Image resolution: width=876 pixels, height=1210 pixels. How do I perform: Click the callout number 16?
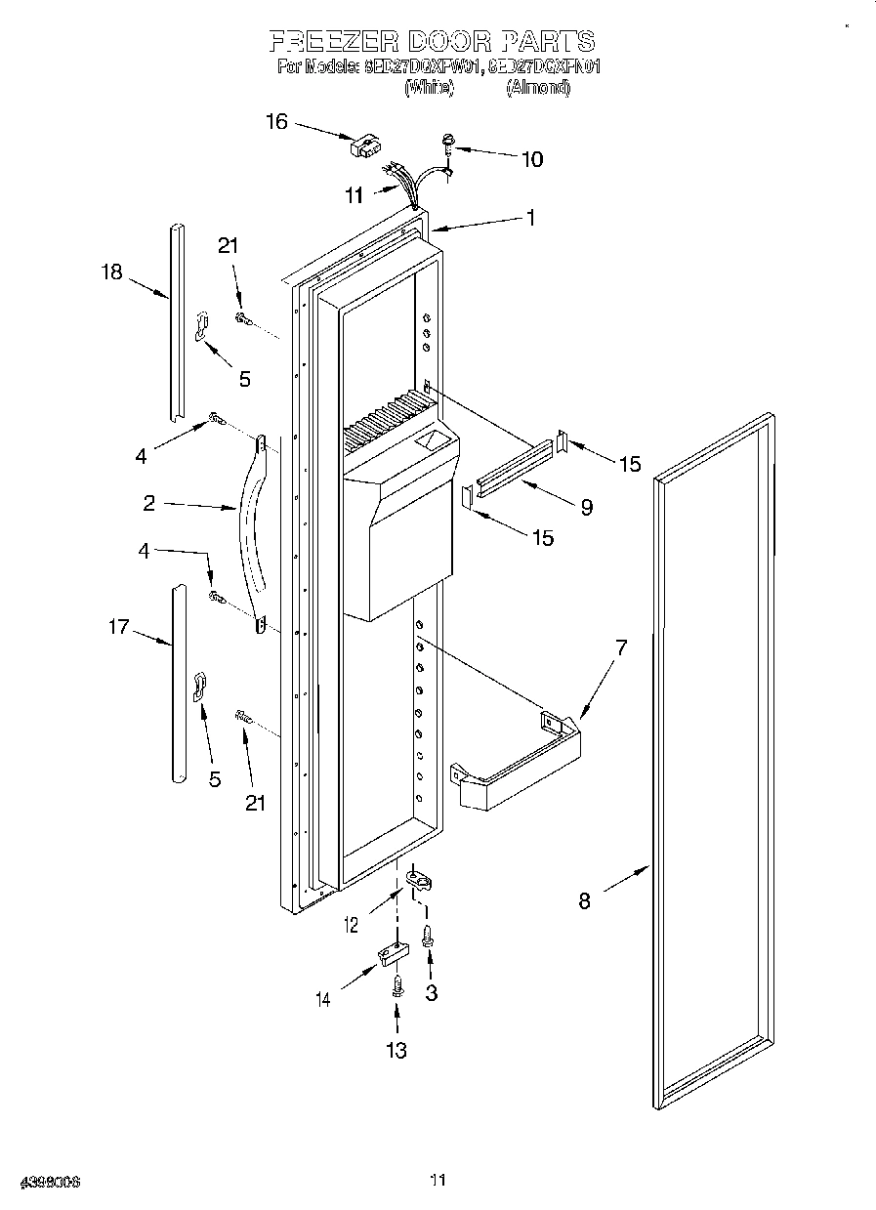(276, 122)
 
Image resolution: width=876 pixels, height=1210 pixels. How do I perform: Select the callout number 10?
(531, 159)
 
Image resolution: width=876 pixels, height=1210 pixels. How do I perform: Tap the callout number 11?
(354, 195)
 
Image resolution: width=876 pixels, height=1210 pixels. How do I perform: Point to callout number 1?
(530, 219)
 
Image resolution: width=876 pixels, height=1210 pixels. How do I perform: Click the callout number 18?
(112, 271)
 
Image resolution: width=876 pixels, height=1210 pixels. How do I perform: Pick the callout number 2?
(148, 503)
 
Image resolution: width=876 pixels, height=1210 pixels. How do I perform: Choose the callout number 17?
(118, 627)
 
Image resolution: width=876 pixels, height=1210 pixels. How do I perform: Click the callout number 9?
(586, 507)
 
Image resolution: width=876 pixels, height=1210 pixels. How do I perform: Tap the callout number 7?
(620, 647)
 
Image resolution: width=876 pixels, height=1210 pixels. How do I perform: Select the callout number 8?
(584, 900)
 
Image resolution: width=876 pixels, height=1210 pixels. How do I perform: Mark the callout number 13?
(396, 1050)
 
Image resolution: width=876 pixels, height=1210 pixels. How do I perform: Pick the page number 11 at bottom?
(438, 1181)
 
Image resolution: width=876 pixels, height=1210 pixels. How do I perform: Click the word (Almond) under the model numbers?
(537, 87)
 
